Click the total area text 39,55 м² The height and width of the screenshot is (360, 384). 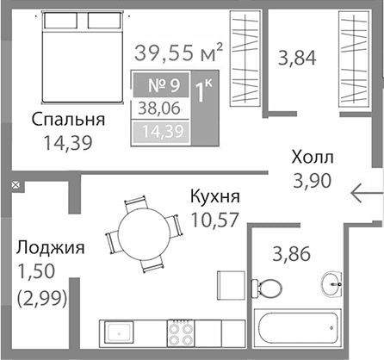[179, 53]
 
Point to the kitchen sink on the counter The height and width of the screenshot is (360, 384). [115, 332]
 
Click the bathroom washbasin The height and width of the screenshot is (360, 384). [334, 281]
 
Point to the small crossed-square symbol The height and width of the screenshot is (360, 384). [15, 184]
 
